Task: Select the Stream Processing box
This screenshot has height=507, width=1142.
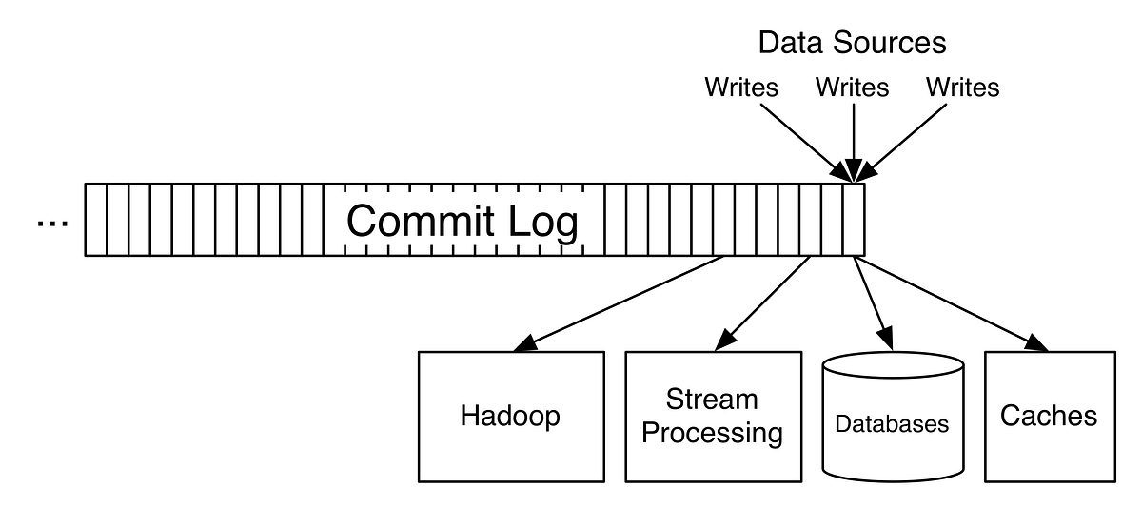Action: click(x=712, y=417)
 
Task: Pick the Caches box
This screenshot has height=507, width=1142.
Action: click(x=1049, y=417)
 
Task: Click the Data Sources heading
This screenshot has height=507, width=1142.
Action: click(x=852, y=43)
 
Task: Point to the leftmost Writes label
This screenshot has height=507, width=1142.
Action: click(x=741, y=88)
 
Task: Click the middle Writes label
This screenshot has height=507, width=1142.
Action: click(x=853, y=88)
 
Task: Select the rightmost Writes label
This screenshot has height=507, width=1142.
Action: click(x=963, y=88)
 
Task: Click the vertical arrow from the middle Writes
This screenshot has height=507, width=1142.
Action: click(x=853, y=138)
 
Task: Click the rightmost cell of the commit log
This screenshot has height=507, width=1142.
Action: click(x=854, y=220)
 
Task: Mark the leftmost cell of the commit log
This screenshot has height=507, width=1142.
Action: click(x=95, y=220)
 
